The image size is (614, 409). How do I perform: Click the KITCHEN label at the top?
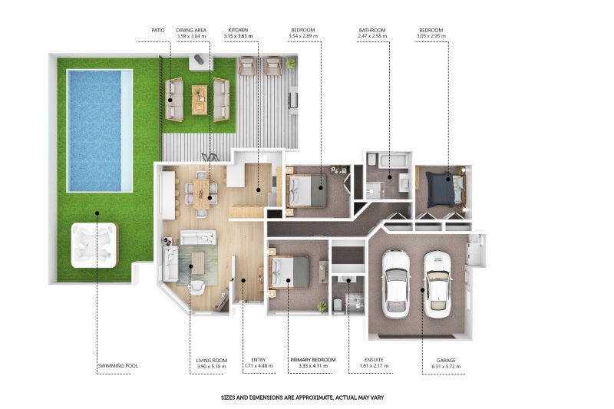[238, 30]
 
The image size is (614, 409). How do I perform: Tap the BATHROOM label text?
[372, 30]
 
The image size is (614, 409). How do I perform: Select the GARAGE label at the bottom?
[446, 361]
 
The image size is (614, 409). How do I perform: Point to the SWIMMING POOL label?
[118, 365]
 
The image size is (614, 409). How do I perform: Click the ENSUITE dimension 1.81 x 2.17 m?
[374, 366]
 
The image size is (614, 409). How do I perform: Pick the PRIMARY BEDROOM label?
[313, 360]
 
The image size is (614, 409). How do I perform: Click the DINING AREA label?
[191, 30]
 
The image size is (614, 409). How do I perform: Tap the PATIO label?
[158, 30]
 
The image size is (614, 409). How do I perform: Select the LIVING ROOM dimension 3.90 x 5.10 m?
[212, 367]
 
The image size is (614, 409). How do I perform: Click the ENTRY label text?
[259, 360]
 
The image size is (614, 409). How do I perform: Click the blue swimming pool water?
[94, 130]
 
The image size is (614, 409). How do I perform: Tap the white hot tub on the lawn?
[94, 246]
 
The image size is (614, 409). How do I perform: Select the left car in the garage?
[396, 284]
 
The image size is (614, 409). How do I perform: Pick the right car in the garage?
[437, 285]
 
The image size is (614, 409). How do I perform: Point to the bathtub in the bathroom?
[393, 160]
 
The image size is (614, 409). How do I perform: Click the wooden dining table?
[202, 193]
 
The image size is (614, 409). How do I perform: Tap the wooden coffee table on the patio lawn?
[200, 100]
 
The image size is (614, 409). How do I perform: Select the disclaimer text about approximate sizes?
[302, 397]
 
